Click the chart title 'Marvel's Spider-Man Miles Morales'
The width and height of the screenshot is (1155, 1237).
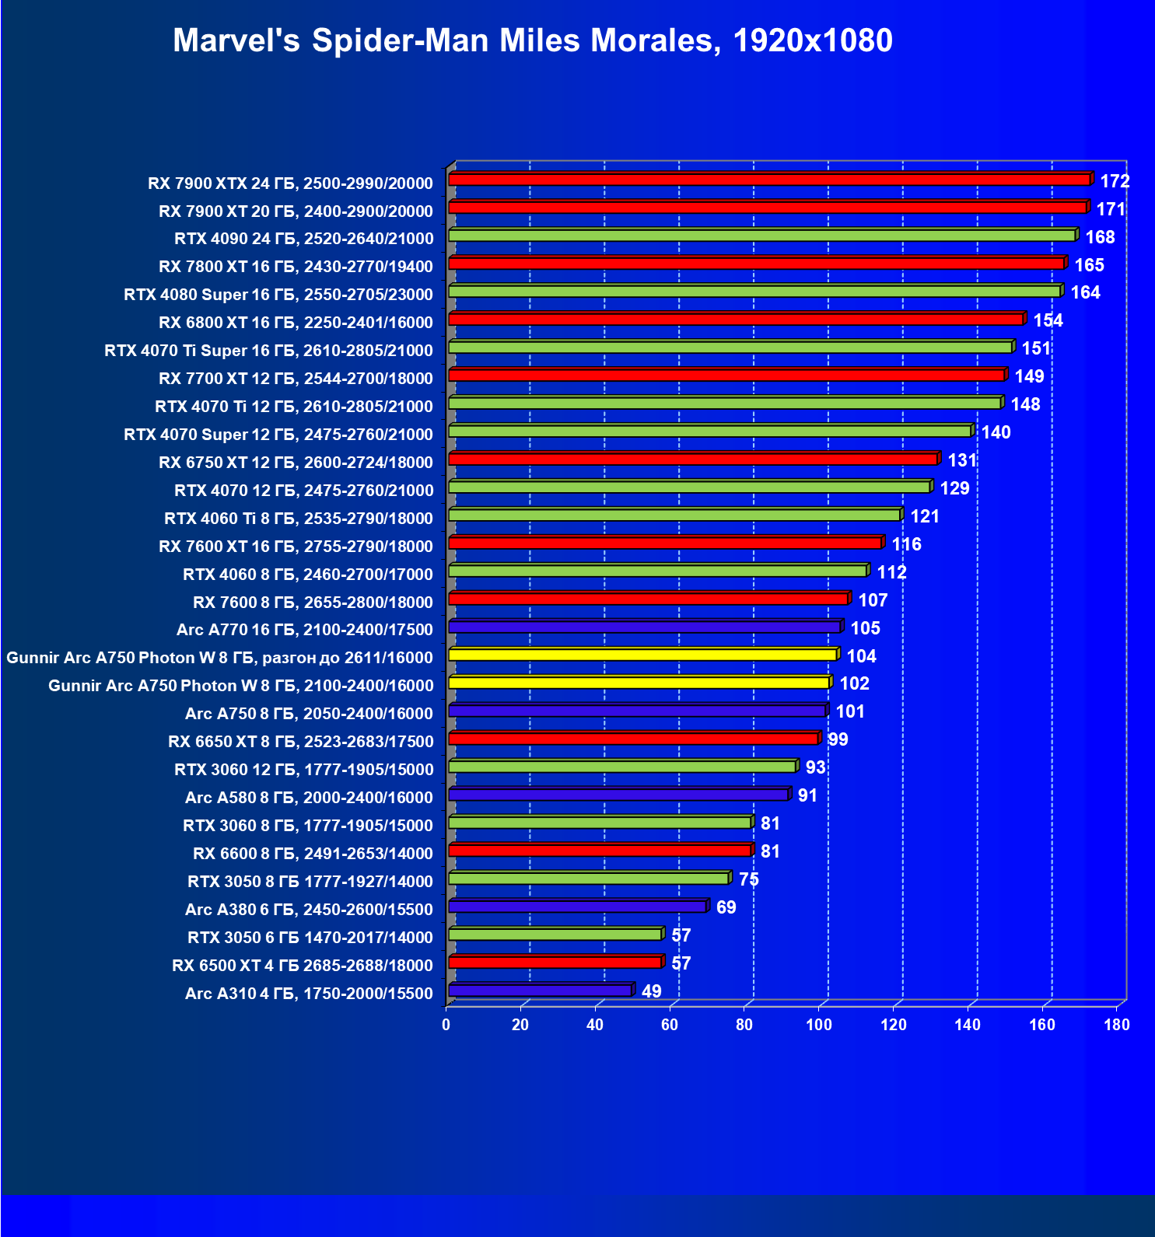[532, 40]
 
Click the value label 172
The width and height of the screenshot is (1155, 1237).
[1115, 181]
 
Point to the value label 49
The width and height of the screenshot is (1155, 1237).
[651, 991]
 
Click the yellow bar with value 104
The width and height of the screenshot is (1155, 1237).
[642, 655]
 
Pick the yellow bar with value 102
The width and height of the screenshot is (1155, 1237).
[639, 683]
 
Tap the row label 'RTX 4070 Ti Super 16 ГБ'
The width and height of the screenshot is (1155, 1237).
[268, 351]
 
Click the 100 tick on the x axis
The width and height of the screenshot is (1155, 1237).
[819, 1025]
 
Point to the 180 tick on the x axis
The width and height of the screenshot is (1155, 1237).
[1117, 1025]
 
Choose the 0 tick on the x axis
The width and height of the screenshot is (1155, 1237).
[446, 1025]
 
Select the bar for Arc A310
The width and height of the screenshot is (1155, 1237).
[540, 991]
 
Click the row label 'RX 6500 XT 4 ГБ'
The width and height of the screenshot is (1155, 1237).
[303, 966]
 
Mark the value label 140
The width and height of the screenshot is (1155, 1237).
[996, 432]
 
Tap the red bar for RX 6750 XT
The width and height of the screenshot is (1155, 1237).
[693, 460]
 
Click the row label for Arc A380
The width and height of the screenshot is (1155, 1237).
[309, 910]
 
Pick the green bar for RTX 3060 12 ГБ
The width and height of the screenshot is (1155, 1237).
[622, 767]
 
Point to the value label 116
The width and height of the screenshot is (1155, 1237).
[906, 544]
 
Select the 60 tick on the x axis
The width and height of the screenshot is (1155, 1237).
[670, 1025]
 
